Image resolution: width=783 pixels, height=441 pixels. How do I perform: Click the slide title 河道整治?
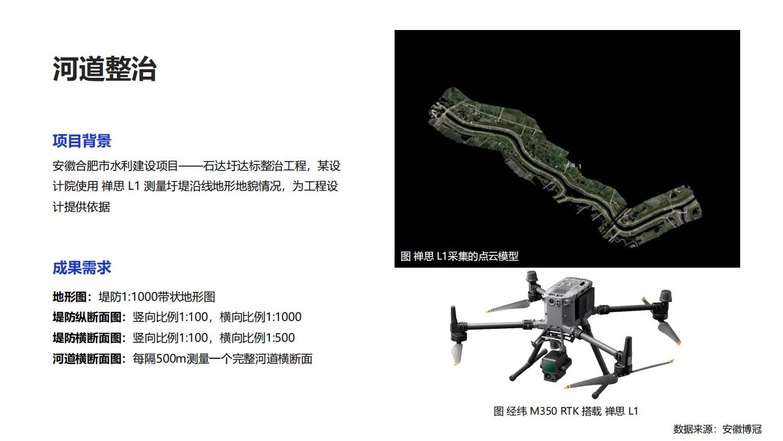(x=105, y=69)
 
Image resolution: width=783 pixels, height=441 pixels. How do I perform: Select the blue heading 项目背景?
(x=82, y=141)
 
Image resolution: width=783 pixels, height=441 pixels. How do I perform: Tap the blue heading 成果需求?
(x=82, y=268)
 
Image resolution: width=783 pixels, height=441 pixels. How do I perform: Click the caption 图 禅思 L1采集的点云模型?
(x=459, y=256)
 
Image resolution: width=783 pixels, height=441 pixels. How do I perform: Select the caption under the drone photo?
(x=566, y=411)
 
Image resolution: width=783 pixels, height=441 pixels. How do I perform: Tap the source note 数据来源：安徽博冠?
(x=718, y=429)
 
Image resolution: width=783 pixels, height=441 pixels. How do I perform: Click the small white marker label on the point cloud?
(x=573, y=165)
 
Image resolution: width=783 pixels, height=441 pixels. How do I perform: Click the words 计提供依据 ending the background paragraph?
(x=81, y=207)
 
